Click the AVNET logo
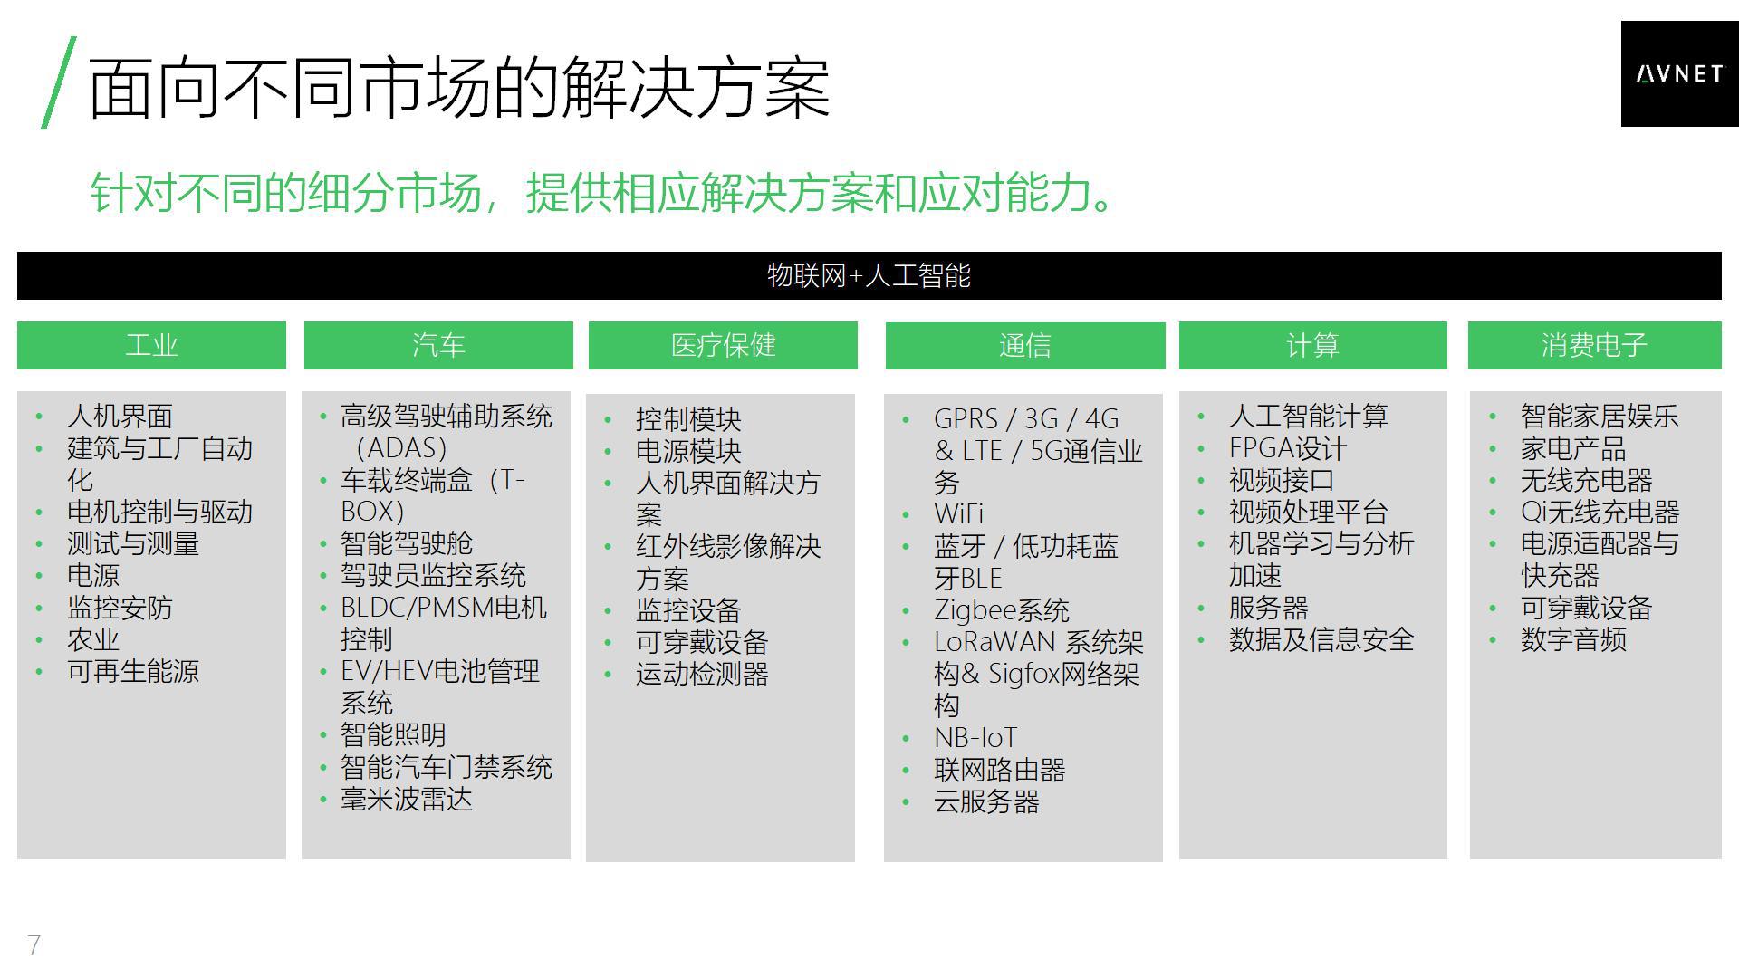click(1679, 74)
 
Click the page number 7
click(34, 945)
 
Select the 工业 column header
click(151, 345)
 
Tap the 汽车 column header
click(438, 345)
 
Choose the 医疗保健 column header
click(723, 345)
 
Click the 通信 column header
click(1025, 345)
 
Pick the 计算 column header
click(1312, 345)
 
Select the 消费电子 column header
click(1594, 345)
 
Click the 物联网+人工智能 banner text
click(869, 275)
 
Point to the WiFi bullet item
click(958, 514)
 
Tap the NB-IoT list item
click(975, 738)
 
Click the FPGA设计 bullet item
click(1288, 448)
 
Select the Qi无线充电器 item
click(1600, 513)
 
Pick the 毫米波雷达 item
click(407, 800)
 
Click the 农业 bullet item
click(93, 639)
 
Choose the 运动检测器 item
click(702, 675)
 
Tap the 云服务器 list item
click(986, 801)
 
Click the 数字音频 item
click(1573, 639)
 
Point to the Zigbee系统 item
click(1002, 610)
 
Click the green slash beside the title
click(59, 82)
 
